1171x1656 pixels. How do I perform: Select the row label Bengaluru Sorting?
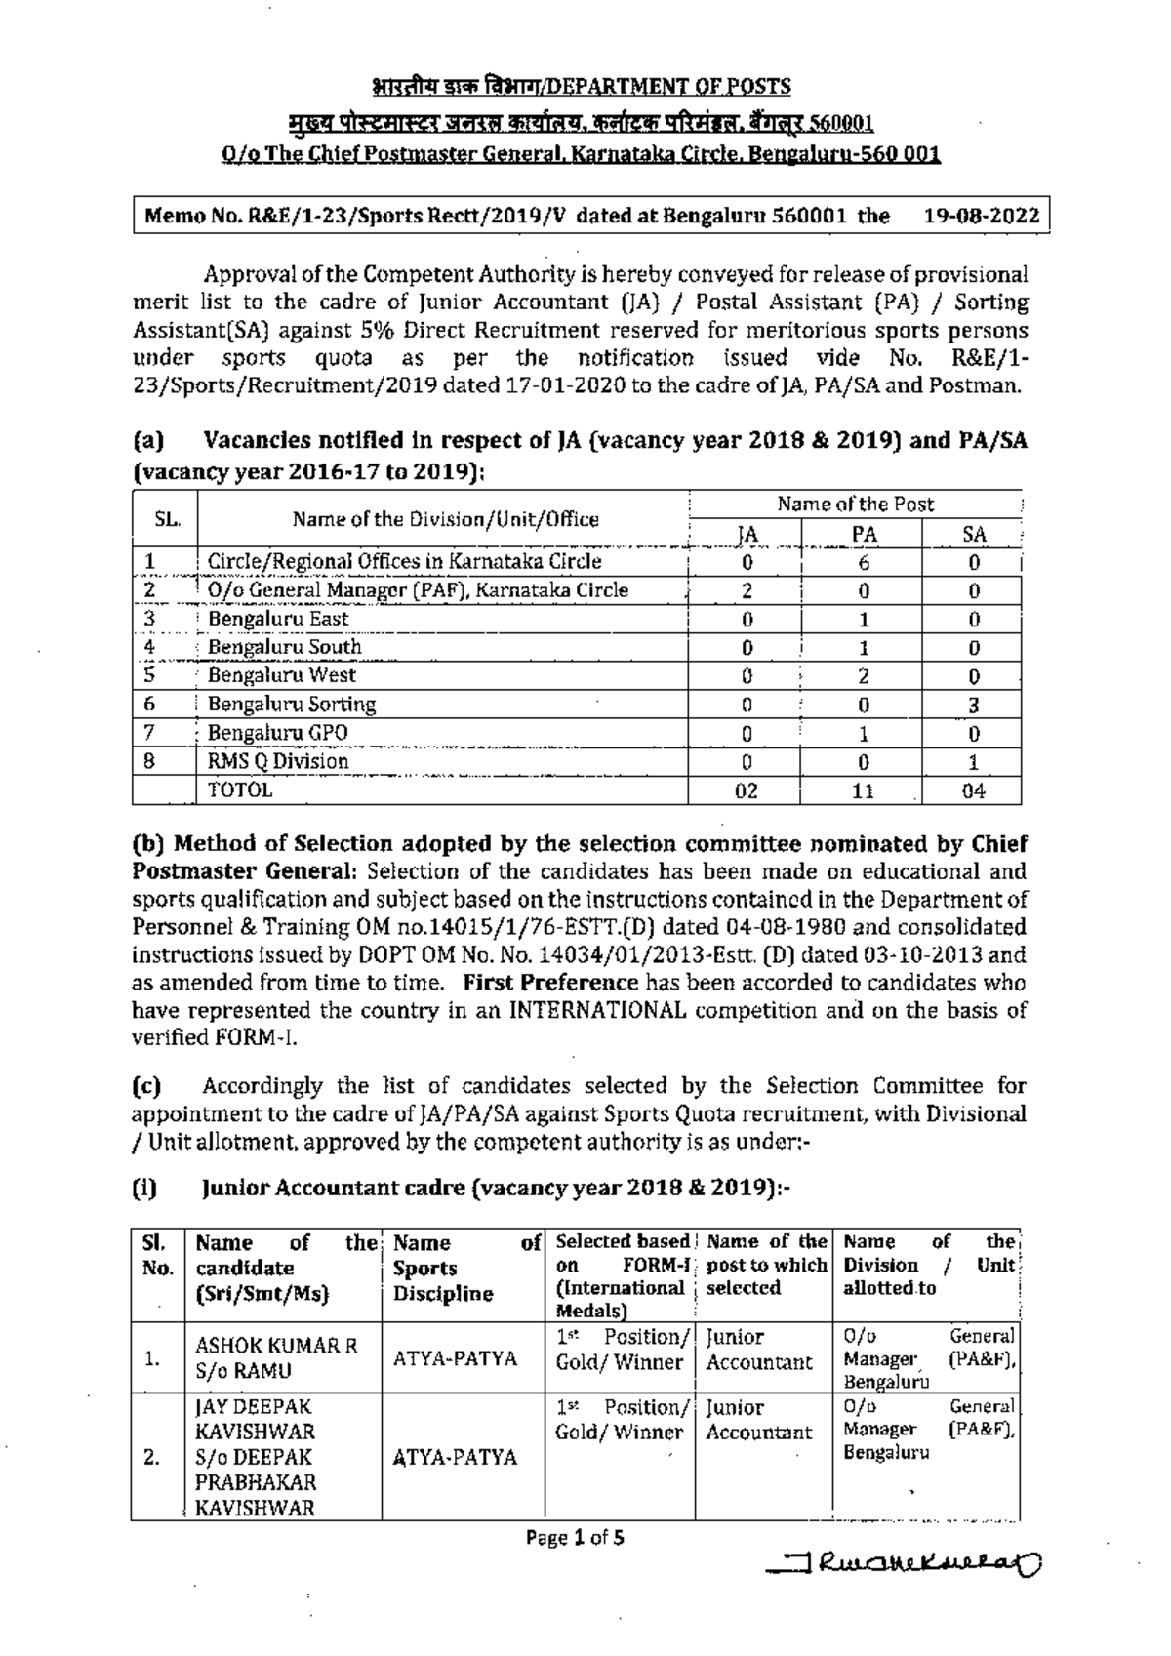291,704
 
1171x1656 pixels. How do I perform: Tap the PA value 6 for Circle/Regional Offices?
864,562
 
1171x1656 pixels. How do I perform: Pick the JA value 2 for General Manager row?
747,590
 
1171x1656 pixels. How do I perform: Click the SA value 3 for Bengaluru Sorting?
973,705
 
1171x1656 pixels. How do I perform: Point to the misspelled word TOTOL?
240,790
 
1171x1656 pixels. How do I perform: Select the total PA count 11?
863,791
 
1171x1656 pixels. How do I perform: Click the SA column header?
973,534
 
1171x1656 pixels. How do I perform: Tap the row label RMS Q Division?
278,761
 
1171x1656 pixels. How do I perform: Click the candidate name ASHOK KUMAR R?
276,1346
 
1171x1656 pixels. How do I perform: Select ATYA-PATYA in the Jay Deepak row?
454,1457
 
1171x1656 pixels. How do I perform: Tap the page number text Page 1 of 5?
575,1538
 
